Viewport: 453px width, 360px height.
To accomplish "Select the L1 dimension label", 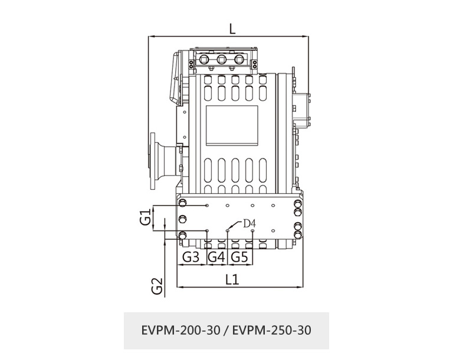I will [232, 280].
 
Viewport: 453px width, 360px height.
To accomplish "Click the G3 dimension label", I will [190, 257].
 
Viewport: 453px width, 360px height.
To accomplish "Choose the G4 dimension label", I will [216, 257].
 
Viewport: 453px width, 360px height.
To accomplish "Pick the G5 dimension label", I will [239, 257].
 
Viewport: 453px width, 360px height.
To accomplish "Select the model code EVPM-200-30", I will [180, 330].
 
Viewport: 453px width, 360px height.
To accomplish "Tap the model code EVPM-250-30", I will [273, 330].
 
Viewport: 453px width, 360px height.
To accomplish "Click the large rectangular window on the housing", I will [231, 125].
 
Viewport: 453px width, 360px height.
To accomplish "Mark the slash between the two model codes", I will [226, 330].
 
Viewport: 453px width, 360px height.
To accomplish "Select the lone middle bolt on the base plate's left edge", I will [182, 220].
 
